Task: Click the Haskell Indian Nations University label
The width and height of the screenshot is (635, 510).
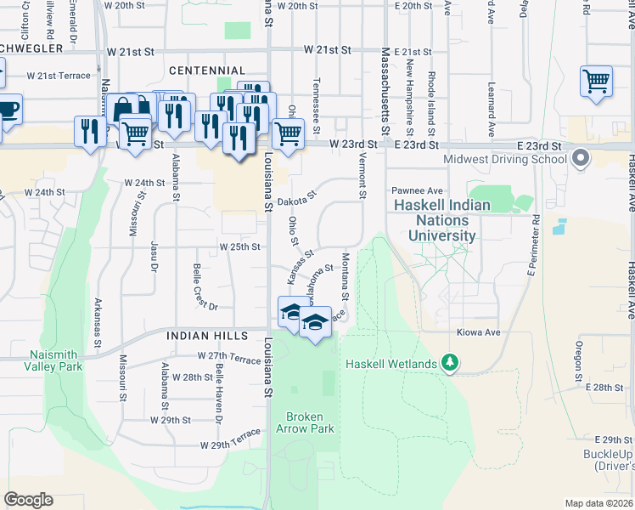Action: (441, 220)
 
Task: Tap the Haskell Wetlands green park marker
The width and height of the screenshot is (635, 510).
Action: (450, 364)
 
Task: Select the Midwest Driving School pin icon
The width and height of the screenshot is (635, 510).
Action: (581, 158)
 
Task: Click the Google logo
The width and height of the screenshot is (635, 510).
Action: (28, 500)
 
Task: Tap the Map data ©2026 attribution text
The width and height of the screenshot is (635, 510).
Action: (598, 503)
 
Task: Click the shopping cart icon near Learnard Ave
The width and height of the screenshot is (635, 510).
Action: (597, 82)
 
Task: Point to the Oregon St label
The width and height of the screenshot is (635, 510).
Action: (578, 360)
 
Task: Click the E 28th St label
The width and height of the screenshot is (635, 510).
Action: (604, 387)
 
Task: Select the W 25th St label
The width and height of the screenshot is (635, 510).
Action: (238, 246)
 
